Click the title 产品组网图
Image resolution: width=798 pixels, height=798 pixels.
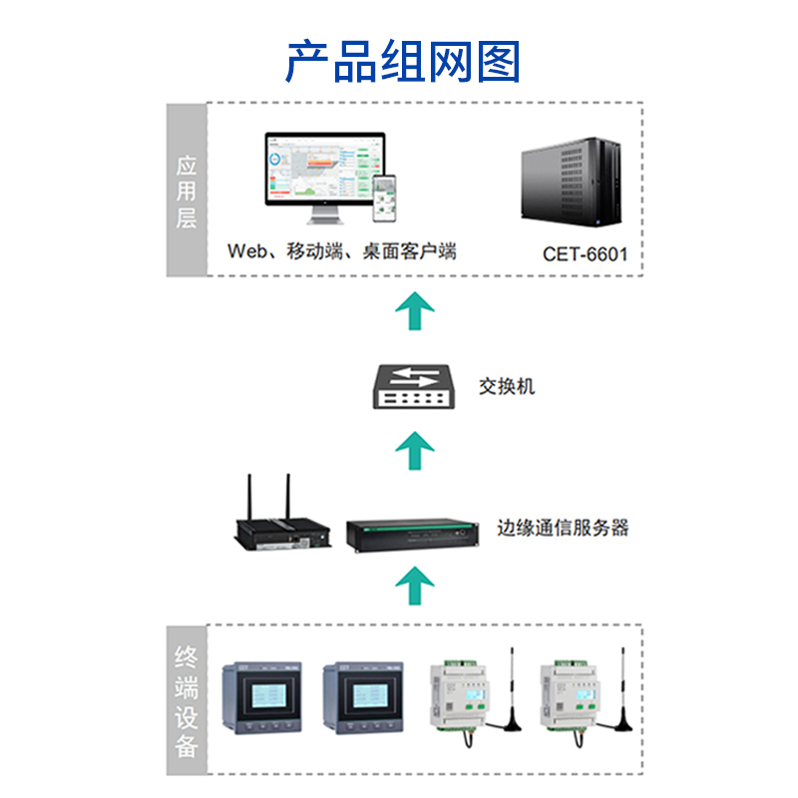click(x=403, y=62)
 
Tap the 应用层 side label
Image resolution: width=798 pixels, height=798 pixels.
click(x=186, y=190)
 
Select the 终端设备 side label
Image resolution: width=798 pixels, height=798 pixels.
click(x=186, y=701)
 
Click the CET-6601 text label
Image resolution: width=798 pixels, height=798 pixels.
click(x=586, y=253)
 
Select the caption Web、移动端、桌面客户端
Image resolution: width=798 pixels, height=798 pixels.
click(x=342, y=251)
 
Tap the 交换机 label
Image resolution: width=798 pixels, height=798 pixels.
click(x=506, y=386)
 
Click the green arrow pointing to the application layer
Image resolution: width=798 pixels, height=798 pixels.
click(x=414, y=312)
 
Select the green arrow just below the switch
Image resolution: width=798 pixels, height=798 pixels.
click(x=414, y=453)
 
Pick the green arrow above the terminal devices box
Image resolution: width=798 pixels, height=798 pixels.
click(x=414, y=583)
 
